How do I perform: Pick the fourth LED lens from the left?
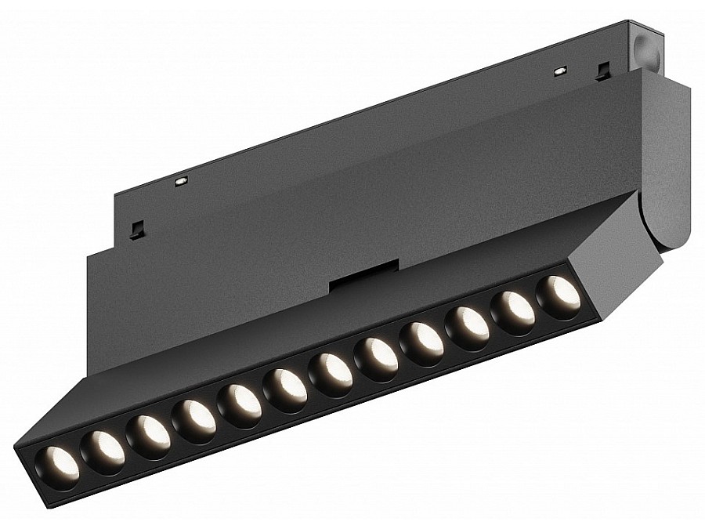pyautogui.click(x=194, y=418)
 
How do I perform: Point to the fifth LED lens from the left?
pyautogui.click(x=240, y=402)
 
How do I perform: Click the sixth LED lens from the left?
pyautogui.click(x=285, y=386)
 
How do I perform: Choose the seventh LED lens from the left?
pyautogui.click(x=331, y=369)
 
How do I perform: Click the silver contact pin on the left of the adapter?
pyautogui.click(x=181, y=181)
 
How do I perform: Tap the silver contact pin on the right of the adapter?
pyautogui.click(x=559, y=71)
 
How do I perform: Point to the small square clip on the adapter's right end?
pyautogui.click(x=602, y=72)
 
